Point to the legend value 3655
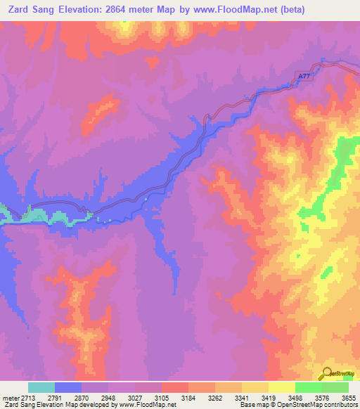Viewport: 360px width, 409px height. (348, 398)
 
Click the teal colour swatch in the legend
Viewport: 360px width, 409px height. (41, 387)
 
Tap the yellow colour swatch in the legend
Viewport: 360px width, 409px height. (282, 387)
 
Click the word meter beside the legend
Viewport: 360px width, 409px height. (10, 398)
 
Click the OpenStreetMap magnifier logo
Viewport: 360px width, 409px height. (326, 372)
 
